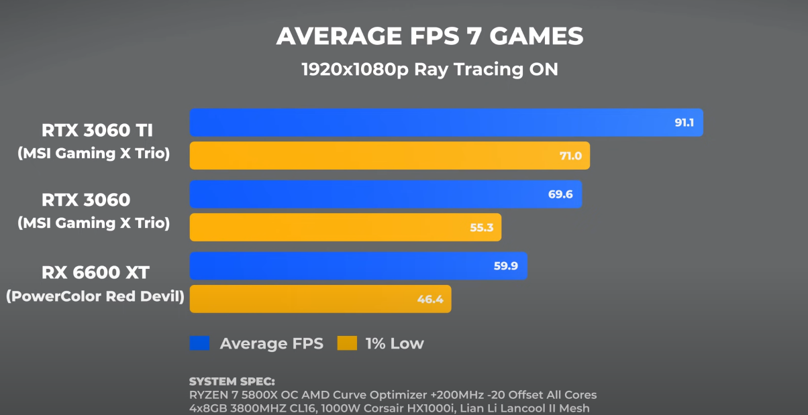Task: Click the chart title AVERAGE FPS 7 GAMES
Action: [x=430, y=36]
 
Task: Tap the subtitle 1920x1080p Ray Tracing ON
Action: [x=430, y=69]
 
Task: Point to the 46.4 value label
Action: [x=430, y=300]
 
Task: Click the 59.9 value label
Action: [x=505, y=266]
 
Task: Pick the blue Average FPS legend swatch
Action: [x=199, y=344]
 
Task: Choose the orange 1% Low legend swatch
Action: [x=346, y=344]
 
